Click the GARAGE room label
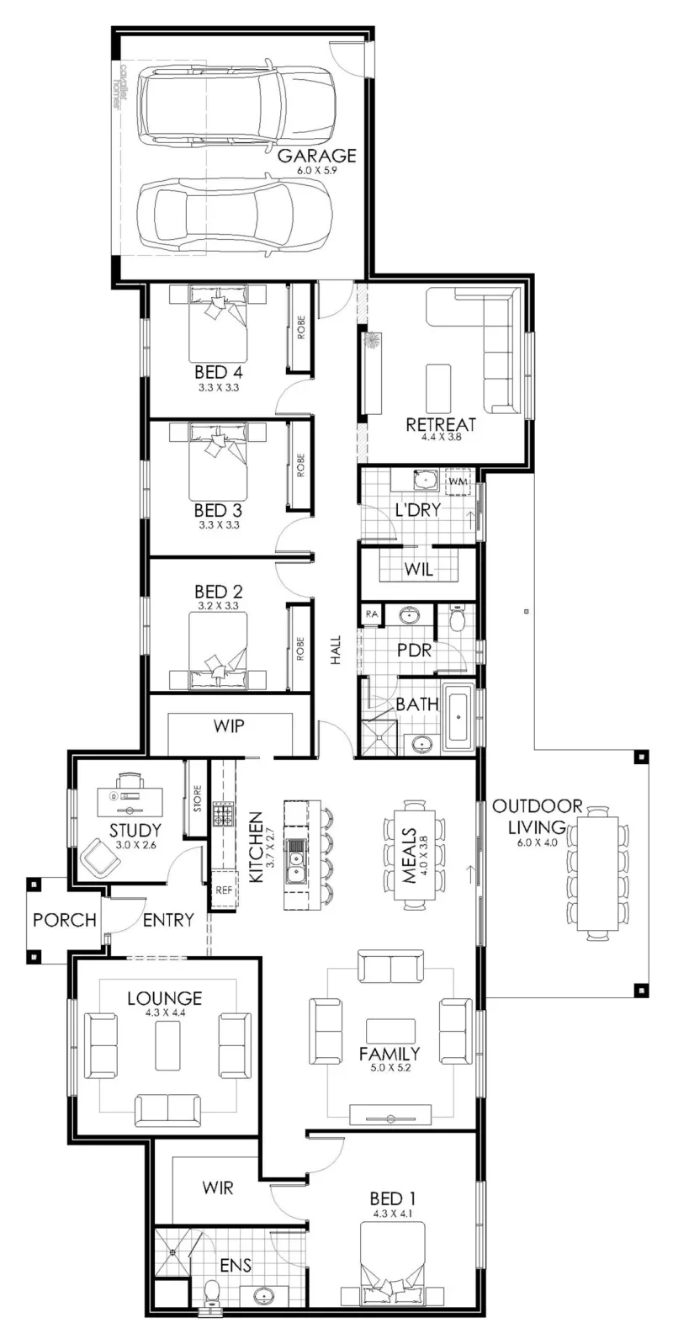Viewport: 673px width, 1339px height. click(x=316, y=156)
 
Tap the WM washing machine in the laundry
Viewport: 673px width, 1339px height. click(x=458, y=482)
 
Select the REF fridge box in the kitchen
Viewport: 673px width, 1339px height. click(x=224, y=890)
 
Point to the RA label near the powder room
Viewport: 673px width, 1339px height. click(x=371, y=614)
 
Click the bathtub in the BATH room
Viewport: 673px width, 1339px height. click(x=458, y=716)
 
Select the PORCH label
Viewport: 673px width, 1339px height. click(x=65, y=920)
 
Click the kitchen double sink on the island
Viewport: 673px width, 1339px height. click(x=295, y=861)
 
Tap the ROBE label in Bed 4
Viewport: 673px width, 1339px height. click(x=300, y=327)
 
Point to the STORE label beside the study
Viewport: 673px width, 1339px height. click(x=197, y=799)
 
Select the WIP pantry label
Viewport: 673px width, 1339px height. click(x=229, y=726)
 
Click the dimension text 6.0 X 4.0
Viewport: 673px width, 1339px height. click(x=538, y=843)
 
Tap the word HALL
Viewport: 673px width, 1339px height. click(x=336, y=650)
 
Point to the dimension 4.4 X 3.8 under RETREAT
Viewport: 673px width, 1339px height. click(x=441, y=437)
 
